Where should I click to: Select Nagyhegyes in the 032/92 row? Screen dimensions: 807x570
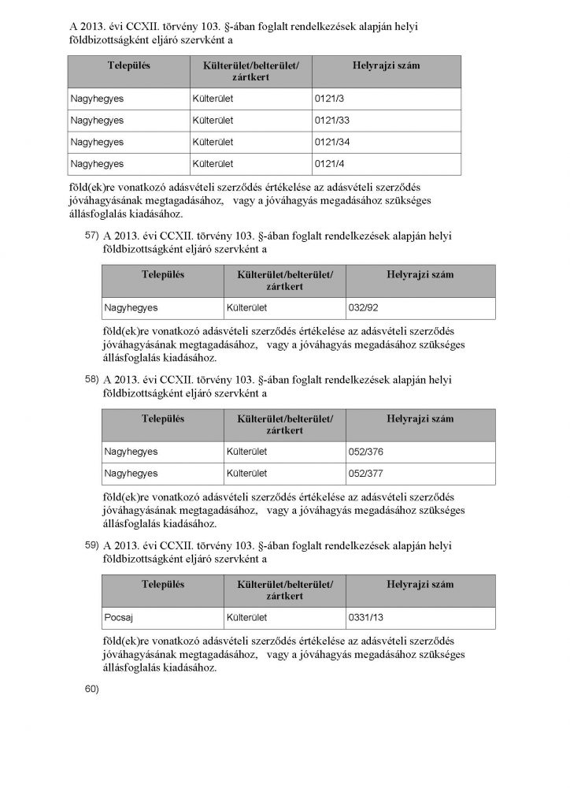pos(131,308)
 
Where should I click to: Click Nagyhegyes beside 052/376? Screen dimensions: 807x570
pos(131,452)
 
